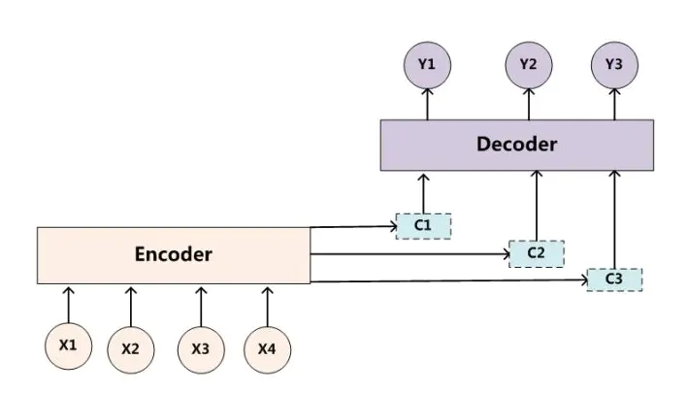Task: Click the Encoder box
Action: point(173,255)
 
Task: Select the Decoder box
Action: point(517,145)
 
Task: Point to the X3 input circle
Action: point(200,347)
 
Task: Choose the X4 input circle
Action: point(267,347)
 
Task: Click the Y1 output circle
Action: point(428,65)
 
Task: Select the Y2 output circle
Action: point(528,65)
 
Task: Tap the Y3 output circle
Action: point(614,65)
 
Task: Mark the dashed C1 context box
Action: point(423,226)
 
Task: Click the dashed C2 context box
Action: point(536,253)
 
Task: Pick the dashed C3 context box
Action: point(613,279)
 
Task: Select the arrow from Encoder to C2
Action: point(408,255)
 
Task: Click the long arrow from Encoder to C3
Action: point(446,281)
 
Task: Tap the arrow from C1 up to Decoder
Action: point(423,192)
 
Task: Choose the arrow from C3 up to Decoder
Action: point(613,218)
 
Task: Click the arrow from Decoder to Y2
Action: point(528,104)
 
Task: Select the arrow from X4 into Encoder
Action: point(267,305)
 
